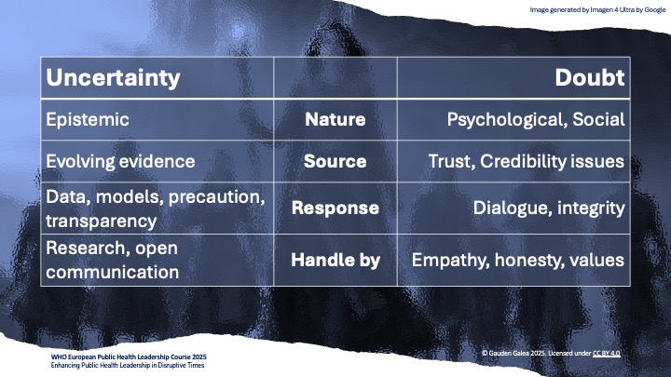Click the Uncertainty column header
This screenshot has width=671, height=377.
click(x=113, y=77)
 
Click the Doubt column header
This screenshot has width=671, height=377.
click(x=590, y=77)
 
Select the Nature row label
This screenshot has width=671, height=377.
click(x=335, y=119)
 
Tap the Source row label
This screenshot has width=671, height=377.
click(x=335, y=161)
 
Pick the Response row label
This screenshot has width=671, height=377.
click(x=335, y=208)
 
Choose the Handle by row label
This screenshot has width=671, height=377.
click(x=335, y=260)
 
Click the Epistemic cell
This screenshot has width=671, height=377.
click(x=89, y=119)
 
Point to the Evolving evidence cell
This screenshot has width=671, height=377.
click(x=120, y=161)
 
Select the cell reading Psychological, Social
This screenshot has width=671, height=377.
click(x=535, y=119)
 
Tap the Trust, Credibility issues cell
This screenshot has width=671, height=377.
click(x=526, y=161)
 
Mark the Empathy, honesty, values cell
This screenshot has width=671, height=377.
click(x=518, y=260)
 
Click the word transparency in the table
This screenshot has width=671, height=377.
click(x=103, y=221)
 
